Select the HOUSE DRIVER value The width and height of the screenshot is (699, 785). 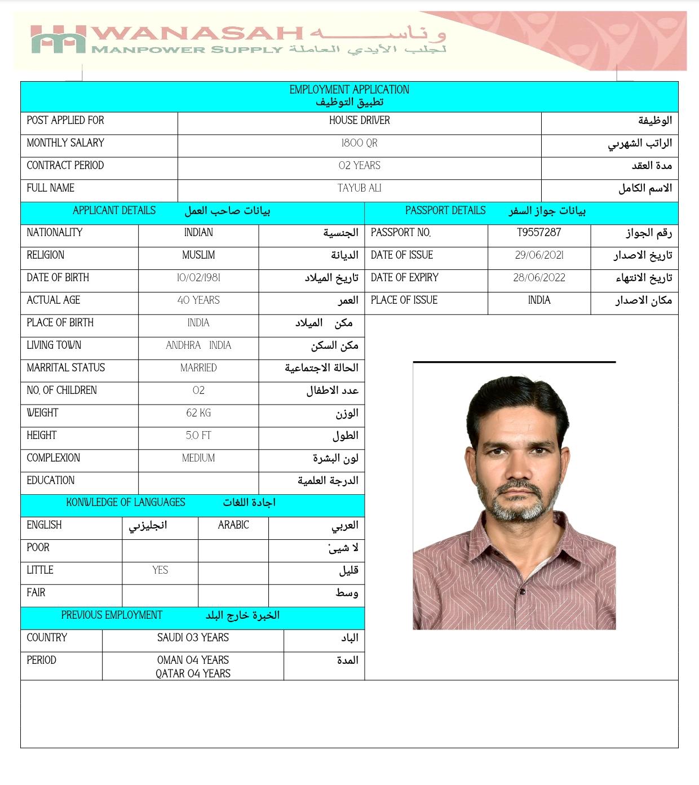click(x=359, y=121)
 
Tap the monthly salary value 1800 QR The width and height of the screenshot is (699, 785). click(x=359, y=143)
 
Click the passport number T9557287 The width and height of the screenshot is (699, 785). click(x=539, y=232)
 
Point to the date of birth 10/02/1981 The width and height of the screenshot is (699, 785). click(x=198, y=278)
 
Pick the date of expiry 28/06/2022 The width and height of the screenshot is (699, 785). click(x=539, y=278)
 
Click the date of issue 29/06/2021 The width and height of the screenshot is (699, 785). click(x=539, y=255)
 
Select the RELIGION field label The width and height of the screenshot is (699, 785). click(x=46, y=255)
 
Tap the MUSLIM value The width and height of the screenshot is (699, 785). click(x=198, y=255)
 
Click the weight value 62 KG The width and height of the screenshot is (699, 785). click(x=198, y=413)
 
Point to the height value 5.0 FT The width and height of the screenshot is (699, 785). click(x=198, y=436)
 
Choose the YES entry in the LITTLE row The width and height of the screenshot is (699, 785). click(x=160, y=570)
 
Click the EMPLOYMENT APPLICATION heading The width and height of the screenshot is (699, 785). click(x=349, y=90)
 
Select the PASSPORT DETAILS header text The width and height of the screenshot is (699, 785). click(x=445, y=211)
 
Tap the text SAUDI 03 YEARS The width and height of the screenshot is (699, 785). click(x=193, y=638)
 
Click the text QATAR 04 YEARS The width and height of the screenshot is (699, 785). click(x=193, y=673)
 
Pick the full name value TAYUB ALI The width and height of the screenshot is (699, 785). click(x=359, y=188)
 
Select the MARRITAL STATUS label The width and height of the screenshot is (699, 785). click(x=66, y=368)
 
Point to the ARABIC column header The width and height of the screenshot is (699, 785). click(x=233, y=525)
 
